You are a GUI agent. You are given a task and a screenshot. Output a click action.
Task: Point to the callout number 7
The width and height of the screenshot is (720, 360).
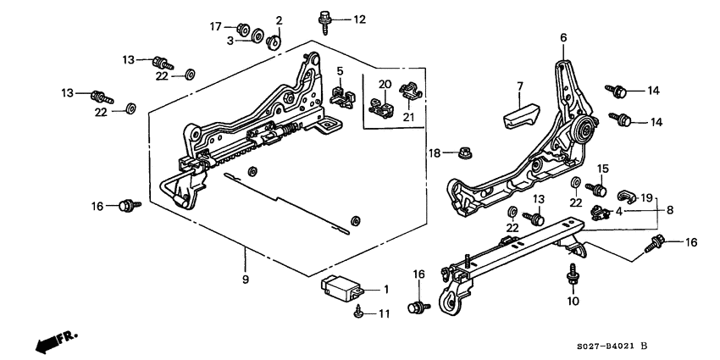(521, 86)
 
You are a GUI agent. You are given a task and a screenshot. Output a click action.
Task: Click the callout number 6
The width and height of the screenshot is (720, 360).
(562, 37)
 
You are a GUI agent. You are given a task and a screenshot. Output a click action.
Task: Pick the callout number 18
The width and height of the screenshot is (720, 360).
(435, 152)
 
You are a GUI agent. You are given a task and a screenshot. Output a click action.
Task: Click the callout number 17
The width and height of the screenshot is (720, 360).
(215, 26)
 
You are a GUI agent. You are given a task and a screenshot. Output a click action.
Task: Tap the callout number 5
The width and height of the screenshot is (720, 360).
(340, 70)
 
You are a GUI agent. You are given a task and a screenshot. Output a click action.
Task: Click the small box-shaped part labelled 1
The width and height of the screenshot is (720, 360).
(341, 287)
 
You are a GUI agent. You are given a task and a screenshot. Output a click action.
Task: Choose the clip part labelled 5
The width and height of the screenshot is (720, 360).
(341, 92)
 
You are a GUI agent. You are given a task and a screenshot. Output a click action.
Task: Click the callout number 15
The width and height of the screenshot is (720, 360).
(604, 168)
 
